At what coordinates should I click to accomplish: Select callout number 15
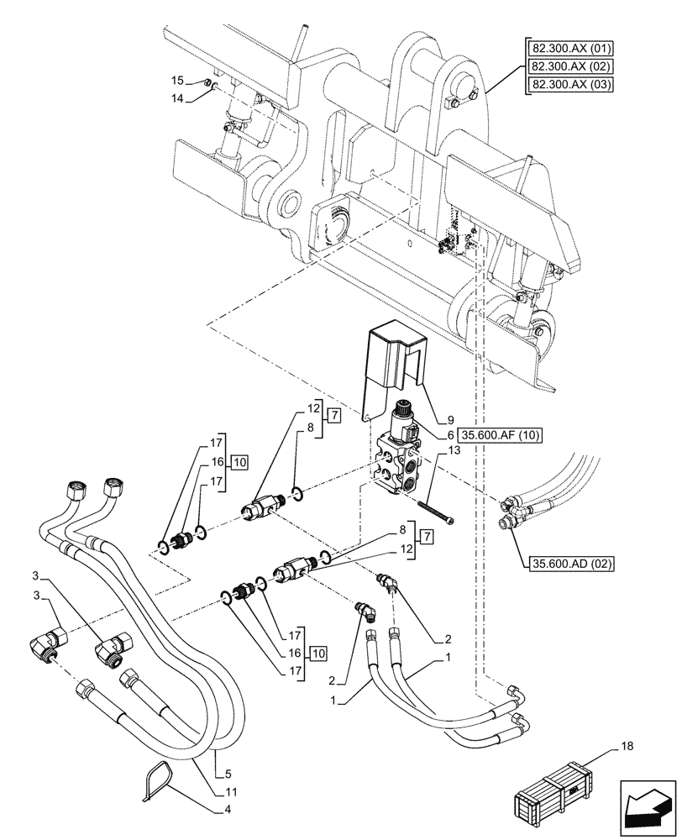pyautogui.click(x=177, y=81)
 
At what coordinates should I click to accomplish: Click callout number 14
pyautogui.click(x=177, y=97)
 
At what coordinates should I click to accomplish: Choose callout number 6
pyautogui.click(x=450, y=434)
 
